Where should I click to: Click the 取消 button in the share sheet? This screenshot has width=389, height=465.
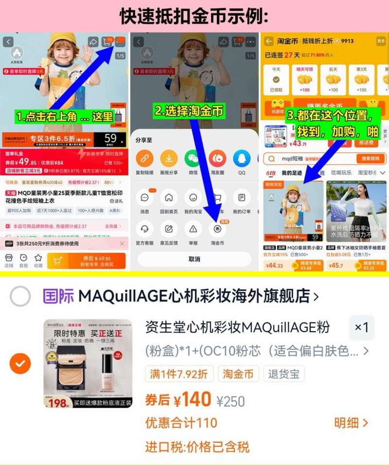click(x=194, y=259)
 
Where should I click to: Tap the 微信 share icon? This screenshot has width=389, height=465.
click(x=193, y=159)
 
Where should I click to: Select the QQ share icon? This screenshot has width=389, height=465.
click(x=242, y=159)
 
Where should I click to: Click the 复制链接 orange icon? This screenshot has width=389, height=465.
click(x=144, y=159)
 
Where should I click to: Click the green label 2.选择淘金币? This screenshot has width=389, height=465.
click(x=190, y=111)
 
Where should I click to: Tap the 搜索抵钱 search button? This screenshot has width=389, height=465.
click(x=371, y=159)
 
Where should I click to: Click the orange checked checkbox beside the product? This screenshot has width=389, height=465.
click(x=20, y=363)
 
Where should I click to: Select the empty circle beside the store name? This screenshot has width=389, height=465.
click(x=20, y=296)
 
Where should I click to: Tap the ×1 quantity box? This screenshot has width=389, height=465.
click(x=362, y=328)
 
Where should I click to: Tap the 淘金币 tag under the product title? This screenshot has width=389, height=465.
click(x=238, y=374)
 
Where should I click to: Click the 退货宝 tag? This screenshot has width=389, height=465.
click(x=284, y=374)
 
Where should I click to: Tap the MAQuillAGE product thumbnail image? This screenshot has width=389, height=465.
click(x=88, y=363)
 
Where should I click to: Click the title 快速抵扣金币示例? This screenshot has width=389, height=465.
click(x=194, y=16)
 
